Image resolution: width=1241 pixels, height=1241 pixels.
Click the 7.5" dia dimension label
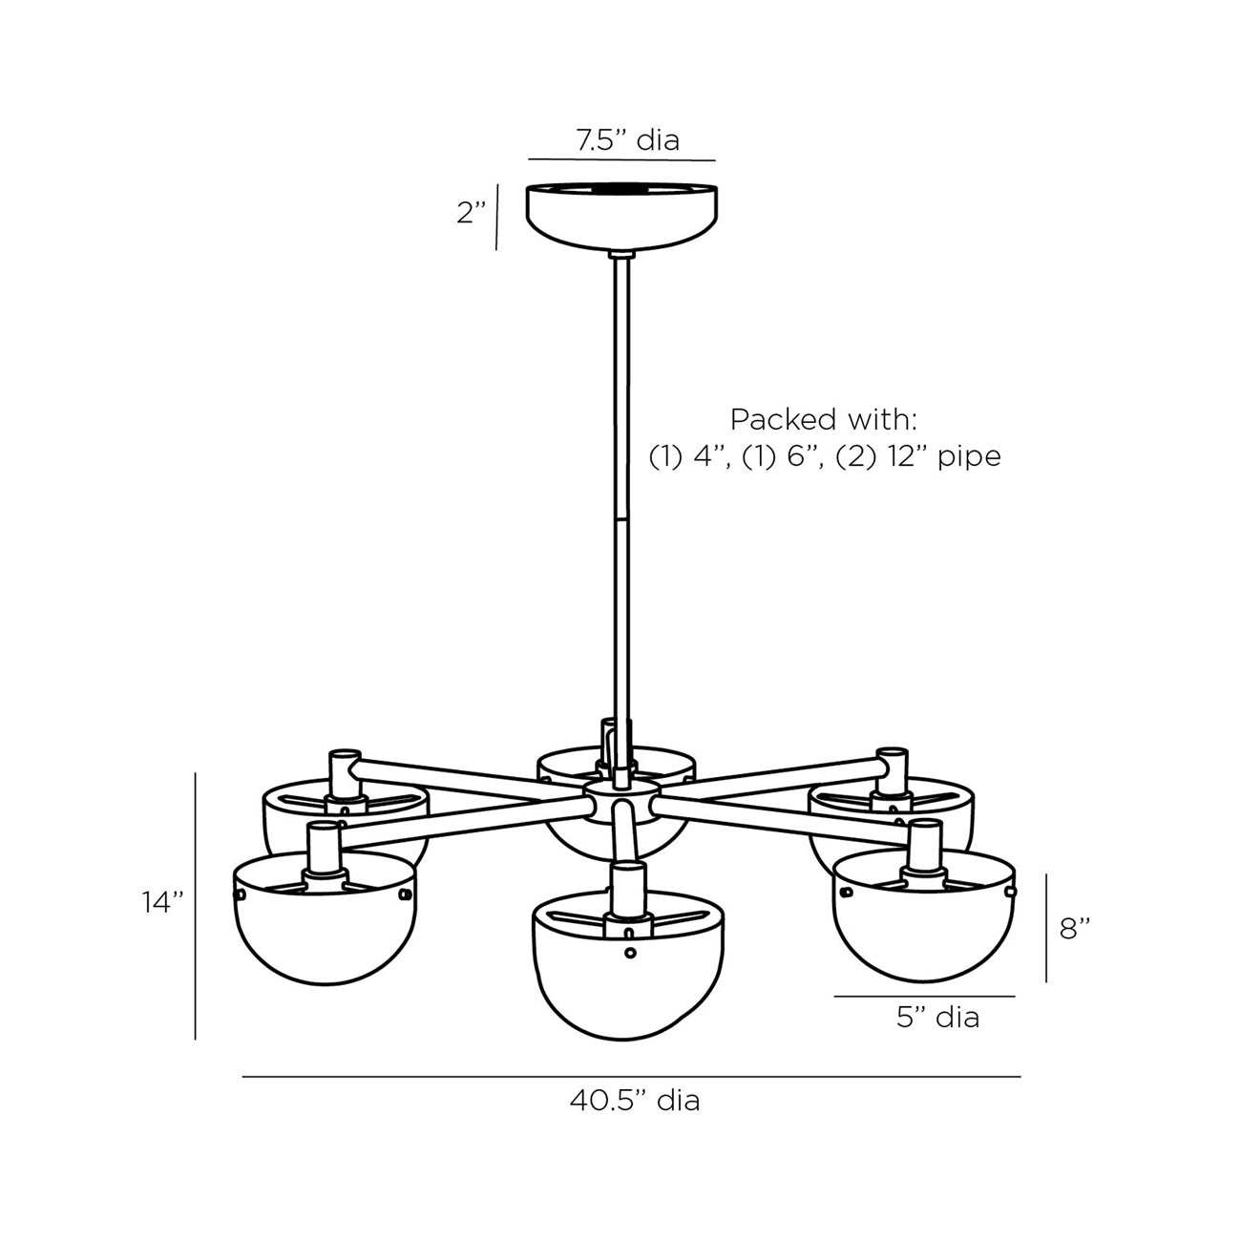point(627,140)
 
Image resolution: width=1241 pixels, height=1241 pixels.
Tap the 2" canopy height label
point(472,213)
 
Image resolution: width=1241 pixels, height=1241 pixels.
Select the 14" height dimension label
point(161,902)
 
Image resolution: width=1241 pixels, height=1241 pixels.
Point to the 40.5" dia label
point(635,1101)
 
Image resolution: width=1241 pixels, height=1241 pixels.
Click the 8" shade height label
point(1075,928)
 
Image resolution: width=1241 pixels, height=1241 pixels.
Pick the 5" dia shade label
point(937,1018)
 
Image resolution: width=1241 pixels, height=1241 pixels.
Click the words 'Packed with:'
point(825,420)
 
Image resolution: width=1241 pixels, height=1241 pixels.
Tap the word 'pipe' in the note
point(968,456)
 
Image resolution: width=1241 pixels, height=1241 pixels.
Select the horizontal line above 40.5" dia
point(630,1077)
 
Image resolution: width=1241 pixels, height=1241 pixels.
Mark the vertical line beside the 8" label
point(1046,928)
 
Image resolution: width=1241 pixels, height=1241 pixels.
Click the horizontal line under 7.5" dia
point(621,159)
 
